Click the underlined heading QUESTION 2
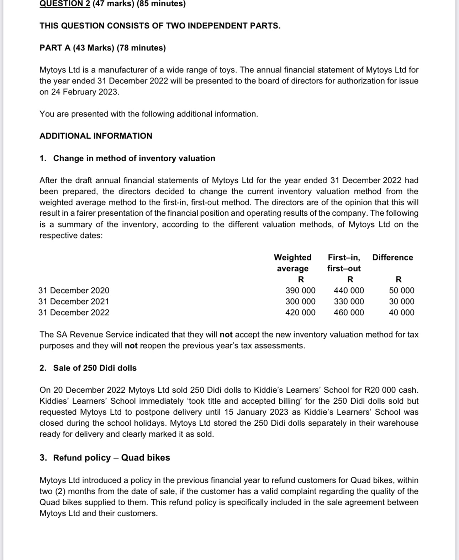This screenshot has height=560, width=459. pos(65,4)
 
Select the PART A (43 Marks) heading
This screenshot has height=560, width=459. pos(102,48)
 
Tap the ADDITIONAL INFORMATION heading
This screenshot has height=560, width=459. pos(96,136)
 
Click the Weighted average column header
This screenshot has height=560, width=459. pos(292,263)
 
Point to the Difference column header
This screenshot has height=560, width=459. pos(392,257)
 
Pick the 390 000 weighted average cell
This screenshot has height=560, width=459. pos(300,290)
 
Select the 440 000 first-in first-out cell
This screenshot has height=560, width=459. pos(349,290)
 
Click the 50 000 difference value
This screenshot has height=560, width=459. pos(401,290)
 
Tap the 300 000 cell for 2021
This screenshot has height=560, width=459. pos(300,301)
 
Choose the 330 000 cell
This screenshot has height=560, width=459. pos(349,301)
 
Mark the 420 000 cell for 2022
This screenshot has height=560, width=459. pos(300,312)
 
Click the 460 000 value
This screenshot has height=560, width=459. pos(349,312)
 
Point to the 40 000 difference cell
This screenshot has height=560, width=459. pos(401,312)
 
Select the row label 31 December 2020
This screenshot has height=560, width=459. pos(74,290)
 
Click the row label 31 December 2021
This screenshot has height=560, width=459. pos(74,301)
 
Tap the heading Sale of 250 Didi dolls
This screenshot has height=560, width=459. pos(95,368)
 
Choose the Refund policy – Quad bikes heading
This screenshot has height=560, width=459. pos(111,458)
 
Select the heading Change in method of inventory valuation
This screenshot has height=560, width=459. pos(134,158)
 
